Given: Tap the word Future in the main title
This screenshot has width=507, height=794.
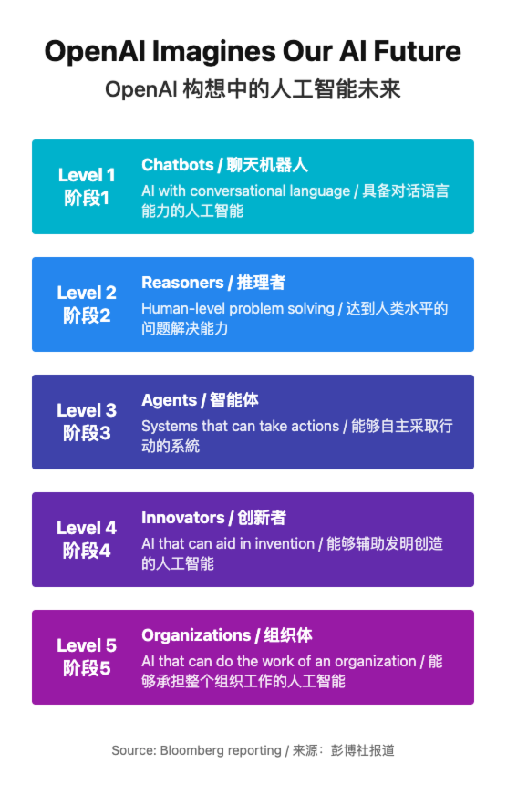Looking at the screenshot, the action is [418, 51].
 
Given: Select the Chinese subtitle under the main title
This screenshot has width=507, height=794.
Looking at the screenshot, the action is [253, 89].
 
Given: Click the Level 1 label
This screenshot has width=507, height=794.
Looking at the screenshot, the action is [87, 175].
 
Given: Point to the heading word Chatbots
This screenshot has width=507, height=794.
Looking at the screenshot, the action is [178, 165].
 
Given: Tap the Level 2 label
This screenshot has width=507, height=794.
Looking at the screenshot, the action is [87, 293].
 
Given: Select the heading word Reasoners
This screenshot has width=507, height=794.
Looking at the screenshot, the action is [183, 283].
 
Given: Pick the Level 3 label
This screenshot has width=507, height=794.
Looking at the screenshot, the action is [87, 410].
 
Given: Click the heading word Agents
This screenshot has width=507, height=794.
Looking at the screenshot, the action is [170, 400].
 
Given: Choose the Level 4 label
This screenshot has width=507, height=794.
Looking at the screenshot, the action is [87, 528].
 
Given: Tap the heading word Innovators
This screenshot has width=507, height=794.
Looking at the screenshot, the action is [183, 518].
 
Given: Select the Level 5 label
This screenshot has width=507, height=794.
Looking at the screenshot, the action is [87, 645].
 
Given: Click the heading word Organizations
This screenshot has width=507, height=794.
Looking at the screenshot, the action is [197, 635].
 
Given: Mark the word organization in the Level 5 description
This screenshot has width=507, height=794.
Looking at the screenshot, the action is [376, 662].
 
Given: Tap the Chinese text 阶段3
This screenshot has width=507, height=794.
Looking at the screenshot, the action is [87, 433].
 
